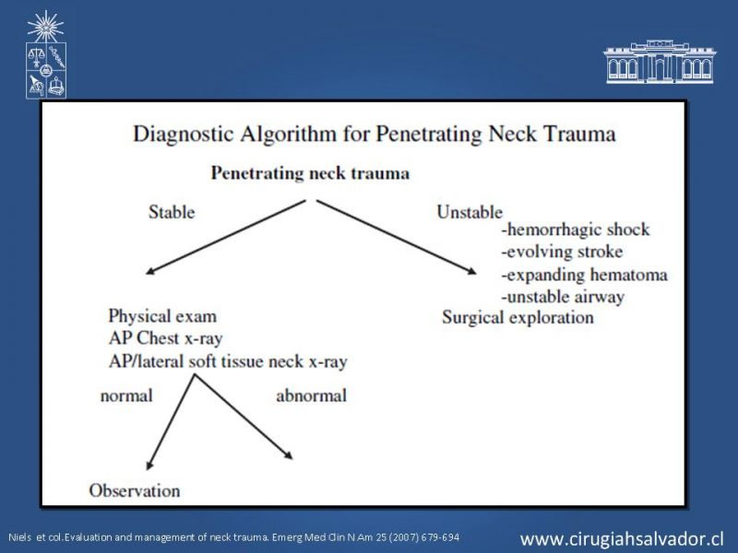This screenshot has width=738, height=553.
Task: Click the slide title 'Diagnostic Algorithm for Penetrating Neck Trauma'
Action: (x=375, y=134)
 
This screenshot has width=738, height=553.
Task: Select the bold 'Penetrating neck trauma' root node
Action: (x=310, y=173)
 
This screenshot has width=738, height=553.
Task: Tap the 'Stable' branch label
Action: (x=172, y=212)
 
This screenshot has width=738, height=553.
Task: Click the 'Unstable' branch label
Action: (x=470, y=212)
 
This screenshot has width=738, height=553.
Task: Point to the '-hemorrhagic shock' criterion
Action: (x=576, y=229)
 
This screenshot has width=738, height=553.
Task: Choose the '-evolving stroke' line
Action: (x=563, y=252)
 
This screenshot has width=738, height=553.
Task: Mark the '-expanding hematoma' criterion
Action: (x=585, y=275)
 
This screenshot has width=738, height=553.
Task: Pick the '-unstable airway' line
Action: (x=564, y=297)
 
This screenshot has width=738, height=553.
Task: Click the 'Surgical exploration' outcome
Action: (x=518, y=317)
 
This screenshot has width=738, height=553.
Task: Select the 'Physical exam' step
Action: (x=162, y=316)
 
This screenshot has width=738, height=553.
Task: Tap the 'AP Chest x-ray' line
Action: (x=165, y=338)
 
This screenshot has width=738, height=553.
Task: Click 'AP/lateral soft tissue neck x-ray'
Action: (x=228, y=361)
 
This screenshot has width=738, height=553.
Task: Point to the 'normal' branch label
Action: (x=126, y=395)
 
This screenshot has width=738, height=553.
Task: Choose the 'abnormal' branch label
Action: (x=312, y=395)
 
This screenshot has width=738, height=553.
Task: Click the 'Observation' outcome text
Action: (x=135, y=490)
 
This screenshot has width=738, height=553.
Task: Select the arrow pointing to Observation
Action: (x=171, y=422)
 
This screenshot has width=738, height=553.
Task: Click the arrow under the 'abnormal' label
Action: (x=244, y=417)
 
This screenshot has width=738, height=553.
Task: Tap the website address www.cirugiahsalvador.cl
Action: (x=621, y=538)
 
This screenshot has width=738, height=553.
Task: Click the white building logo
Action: (x=660, y=62)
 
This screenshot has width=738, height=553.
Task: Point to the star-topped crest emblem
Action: (x=45, y=54)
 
